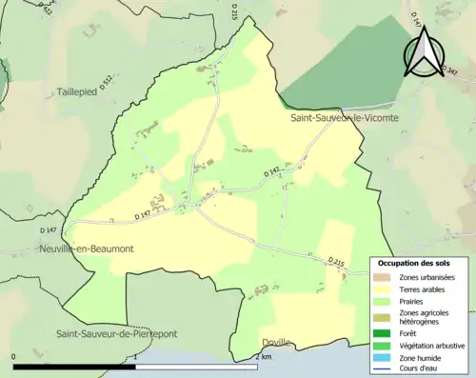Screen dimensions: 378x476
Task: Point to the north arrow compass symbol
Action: (x=424, y=53)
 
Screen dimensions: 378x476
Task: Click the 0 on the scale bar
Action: (x=14, y=357)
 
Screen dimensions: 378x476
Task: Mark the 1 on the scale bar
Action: (x=140, y=357)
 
